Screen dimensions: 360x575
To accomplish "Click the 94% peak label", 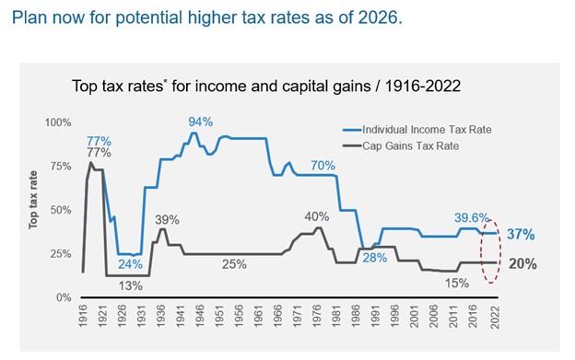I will pos(201,122).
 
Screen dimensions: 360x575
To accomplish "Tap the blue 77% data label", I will pos(99,141).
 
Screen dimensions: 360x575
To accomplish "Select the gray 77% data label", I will pos(99,153).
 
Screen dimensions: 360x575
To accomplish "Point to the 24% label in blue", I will pos(130,265).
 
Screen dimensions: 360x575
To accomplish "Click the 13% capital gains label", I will pos(130,285).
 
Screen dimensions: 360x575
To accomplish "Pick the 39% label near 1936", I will pos(167,219).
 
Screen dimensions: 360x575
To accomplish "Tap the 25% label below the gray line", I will pos(234,265).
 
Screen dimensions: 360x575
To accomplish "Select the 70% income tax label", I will pos(323,166).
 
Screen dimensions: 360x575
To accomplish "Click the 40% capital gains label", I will pos(317,216).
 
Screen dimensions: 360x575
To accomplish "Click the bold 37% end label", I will pos(521,235).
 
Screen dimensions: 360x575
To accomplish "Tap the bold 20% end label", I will pos(522,263).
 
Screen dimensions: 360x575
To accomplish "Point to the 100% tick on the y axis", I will pos(58,122).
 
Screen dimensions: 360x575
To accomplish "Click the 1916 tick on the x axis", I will pos(84,316).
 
